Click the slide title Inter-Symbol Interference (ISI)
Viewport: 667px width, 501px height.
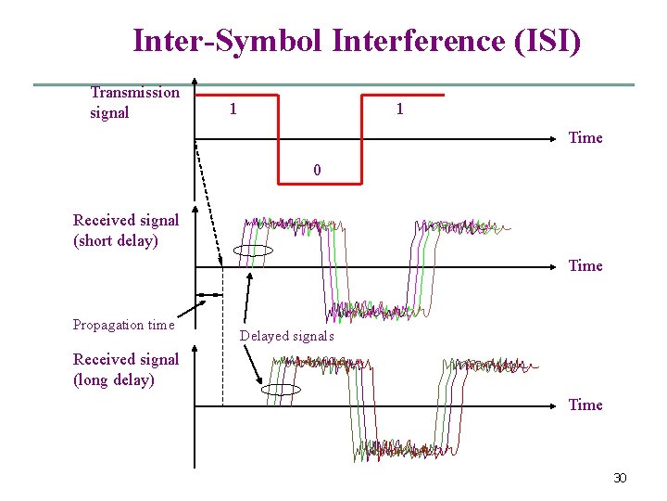pyautogui.click(x=357, y=41)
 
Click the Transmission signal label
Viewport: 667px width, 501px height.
pyautogui.click(x=134, y=102)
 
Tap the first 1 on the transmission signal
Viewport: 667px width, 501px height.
pyautogui.click(x=233, y=109)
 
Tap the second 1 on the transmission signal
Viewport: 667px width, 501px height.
pyautogui.click(x=399, y=109)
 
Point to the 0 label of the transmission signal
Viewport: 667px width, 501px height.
pyautogui.click(x=318, y=171)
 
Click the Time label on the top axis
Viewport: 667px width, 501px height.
pyautogui.click(x=585, y=138)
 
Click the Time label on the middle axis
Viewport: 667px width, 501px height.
pyautogui.click(x=585, y=266)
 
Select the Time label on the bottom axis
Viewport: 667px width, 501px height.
pyautogui.click(x=585, y=405)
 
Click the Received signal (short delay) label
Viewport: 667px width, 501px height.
pyautogui.click(x=126, y=230)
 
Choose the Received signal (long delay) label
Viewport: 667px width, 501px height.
pyautogui.click(x=126, y=369)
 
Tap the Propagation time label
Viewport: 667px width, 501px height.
pyautogui.click(x=123, y=325)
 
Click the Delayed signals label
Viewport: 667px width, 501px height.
pyautogui.click(x=286, y=336)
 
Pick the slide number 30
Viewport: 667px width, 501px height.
pyautogui.click(x=620, y=478)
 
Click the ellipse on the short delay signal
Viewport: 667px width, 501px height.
pyautogui.click(x=254, y=250)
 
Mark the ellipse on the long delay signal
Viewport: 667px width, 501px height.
pyautogui.click(x=282, y=390)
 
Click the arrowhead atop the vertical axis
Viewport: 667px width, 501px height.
pyautogui.click(x=195, y=82)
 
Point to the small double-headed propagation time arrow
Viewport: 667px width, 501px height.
pyautogui.click(x=212, y=295)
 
